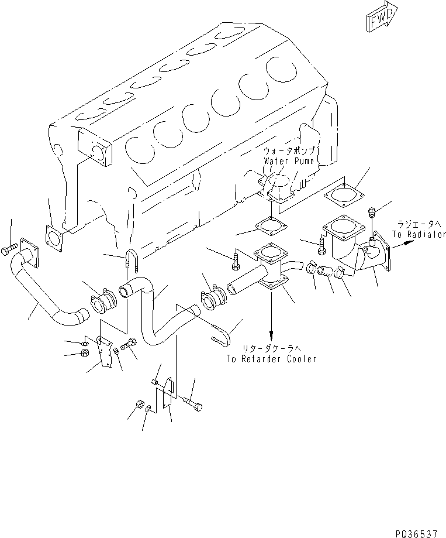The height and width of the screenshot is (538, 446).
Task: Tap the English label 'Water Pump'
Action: [289, 160]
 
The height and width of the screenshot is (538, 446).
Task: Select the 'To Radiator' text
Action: [416, 234]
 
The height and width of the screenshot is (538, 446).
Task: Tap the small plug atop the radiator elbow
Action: [372, 214]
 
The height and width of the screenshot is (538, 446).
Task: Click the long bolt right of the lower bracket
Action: [193, 403]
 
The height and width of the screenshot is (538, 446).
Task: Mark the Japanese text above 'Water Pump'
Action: [291, 151]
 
